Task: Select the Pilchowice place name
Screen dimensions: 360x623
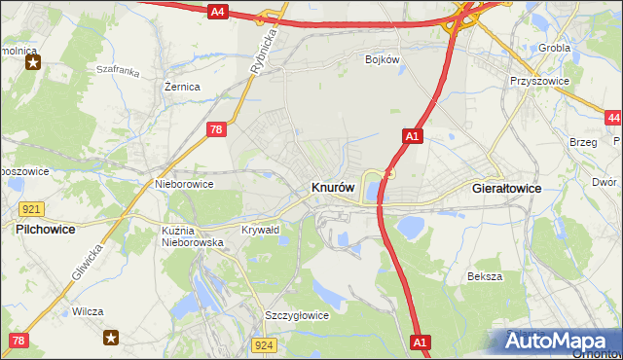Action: [x=46, y=230]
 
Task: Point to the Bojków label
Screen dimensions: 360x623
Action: [x=383, y=60]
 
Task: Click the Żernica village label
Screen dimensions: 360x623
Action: [x=182, y=87]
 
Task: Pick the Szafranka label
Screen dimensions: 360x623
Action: [x=119, y=71]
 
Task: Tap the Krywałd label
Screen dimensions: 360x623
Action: [x=260, y=230]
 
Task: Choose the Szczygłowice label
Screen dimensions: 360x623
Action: [x=297, y=315]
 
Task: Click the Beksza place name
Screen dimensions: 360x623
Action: [x=484, y=276]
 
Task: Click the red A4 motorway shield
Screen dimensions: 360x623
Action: [x=218, y=12]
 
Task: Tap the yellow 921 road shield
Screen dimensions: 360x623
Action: [x=31, y=209]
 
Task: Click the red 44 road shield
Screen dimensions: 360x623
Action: [x=612, y=119]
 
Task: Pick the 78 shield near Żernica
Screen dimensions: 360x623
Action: [x=218, y=128]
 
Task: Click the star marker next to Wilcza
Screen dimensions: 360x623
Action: [x=111, y=338]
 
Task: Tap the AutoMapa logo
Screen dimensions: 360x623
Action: [x=556, y=342]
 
